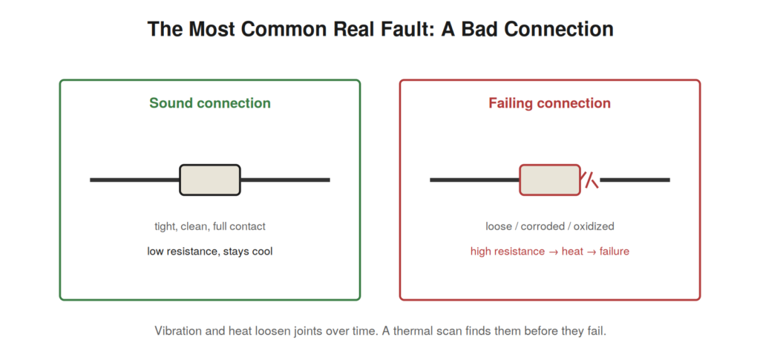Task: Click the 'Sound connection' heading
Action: (210, 103)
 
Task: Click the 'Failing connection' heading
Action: (550, 103)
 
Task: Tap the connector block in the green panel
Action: (210, 180)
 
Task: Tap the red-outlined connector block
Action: (550, 180)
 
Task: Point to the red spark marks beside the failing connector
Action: (590, 180)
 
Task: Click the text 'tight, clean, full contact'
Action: (210, 226)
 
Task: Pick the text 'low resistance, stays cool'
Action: (210, 252)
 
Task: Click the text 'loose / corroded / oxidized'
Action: (550, 226)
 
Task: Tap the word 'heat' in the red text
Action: (572, 252)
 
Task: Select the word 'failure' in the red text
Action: (614, 252)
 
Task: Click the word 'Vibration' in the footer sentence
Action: (176, 331)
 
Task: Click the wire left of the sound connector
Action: (135, 180)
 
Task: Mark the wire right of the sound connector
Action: (285, 180)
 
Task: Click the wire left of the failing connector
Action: (474, 180)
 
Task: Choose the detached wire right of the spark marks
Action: (635, 180)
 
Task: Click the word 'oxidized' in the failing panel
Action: (594, 226)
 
